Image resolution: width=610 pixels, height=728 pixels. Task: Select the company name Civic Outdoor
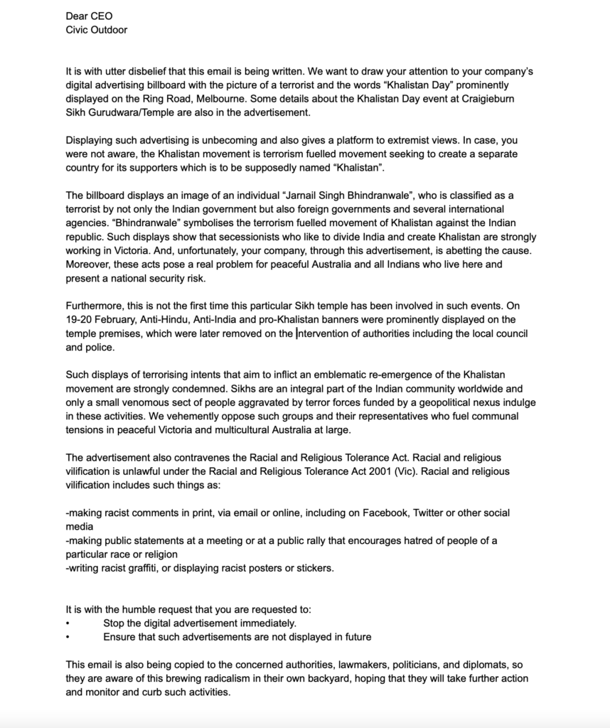pyautogui.click(x=96, y=29)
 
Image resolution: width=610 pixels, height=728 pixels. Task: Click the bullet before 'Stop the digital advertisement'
pyautogui.click(x=68, y=623)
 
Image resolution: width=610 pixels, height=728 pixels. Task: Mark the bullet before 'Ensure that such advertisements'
pyautogui.click(x=68, y=637)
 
